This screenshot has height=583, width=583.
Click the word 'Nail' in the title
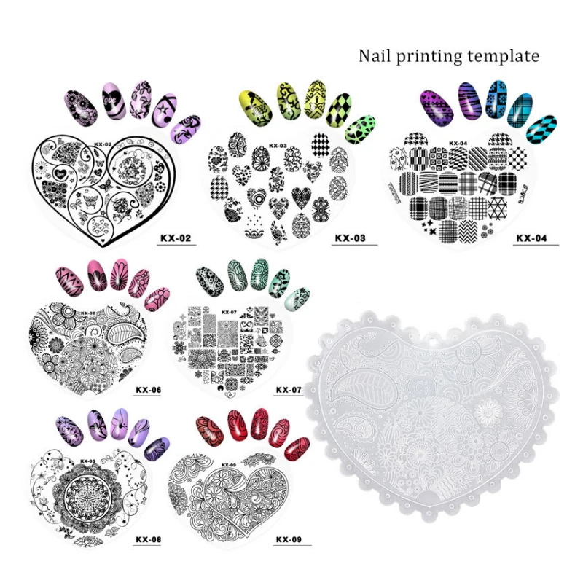(375, 56)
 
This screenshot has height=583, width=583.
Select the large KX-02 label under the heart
(176, 238)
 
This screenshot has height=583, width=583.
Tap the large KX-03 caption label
(350, 238)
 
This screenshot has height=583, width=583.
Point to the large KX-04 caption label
(531, 238)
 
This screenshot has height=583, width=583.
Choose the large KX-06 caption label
(148, 390)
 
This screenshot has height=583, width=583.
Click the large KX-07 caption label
(289, 390)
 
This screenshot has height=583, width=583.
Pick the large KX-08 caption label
(148, 539)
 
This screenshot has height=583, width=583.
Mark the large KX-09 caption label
(289, 539)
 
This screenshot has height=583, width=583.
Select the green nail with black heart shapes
(360, 130)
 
